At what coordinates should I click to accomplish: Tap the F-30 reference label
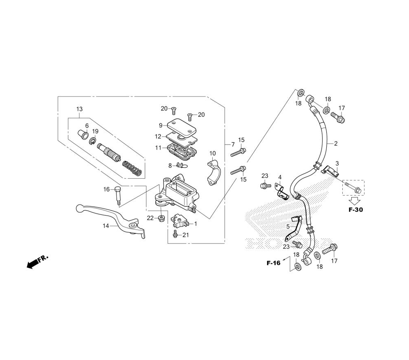[x=355, y=209]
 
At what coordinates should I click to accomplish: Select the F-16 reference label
[x=273, y=263]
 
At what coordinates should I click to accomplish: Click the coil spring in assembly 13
[x=132, y=168]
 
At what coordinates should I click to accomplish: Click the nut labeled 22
[x=162, y=218]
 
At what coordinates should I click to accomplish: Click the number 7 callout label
[x=233, y=144]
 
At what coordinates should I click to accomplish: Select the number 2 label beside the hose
[x=336, y=143]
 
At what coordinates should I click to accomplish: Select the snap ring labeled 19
[x=92, y=142]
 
